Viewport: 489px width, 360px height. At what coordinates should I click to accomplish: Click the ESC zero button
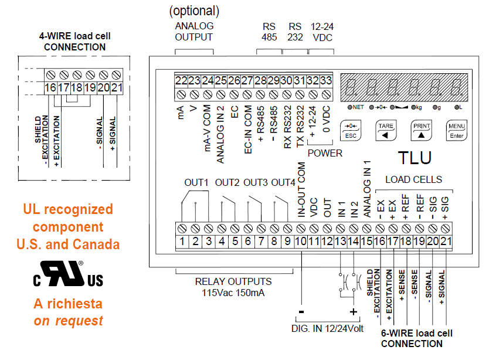click(352, 130)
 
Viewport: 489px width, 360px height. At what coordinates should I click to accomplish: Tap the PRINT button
click(421, 130)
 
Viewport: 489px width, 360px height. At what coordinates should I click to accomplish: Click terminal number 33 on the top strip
click(326, 81)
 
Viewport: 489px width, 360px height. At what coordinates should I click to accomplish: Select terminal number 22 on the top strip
click(181, 81)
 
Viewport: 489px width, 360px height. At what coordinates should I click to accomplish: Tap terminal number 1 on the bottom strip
click(182, 240)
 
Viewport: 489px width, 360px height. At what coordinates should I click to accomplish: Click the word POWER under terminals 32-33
click(325, 154)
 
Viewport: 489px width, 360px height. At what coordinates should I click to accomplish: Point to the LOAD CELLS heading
click(414, 179)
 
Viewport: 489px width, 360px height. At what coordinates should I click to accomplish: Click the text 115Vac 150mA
click(233, 292)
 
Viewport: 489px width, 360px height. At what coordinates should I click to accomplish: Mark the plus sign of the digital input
click(353, 313)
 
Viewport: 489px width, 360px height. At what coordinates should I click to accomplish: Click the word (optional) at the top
click(194, 11)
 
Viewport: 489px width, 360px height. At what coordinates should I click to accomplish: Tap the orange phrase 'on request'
click(68, 321)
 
